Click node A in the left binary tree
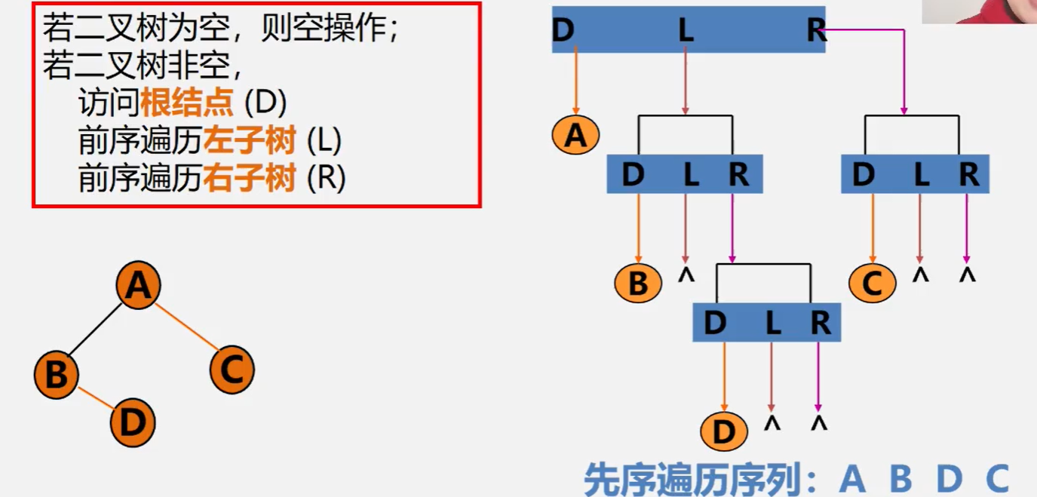[138, 286]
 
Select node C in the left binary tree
[232, 370]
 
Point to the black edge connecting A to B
[96, 329]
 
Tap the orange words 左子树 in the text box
[249, 140]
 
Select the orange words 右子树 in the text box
[249, 179]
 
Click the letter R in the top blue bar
[815, 30]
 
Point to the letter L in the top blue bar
[685, 30]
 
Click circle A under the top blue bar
[575, 136]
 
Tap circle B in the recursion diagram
[638, 284]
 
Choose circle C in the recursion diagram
[872, 284]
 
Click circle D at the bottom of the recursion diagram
[723, 433]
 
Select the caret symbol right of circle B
[685, 276]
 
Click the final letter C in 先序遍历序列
[997, 478]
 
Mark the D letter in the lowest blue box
[715, 324]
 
